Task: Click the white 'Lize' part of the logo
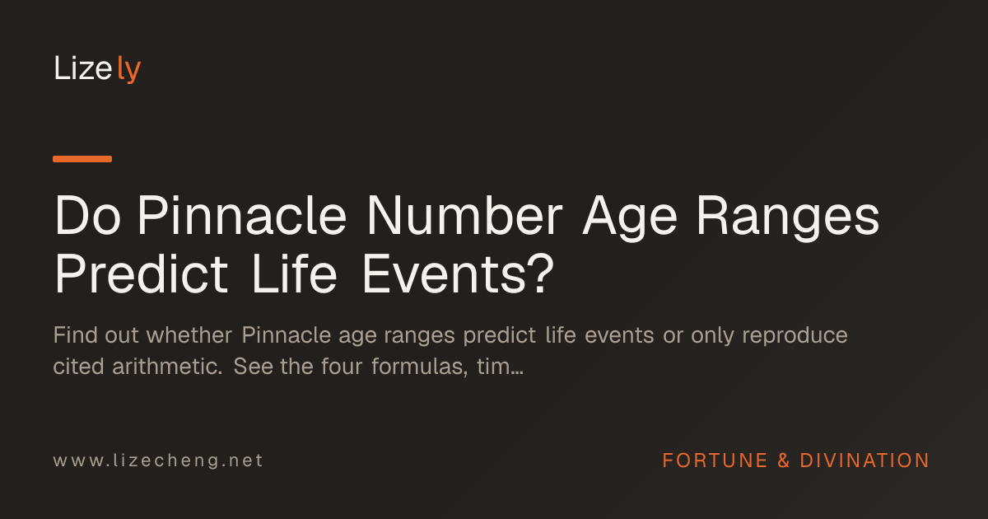[x=83, y=68]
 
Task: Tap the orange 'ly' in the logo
[x=129, y=70]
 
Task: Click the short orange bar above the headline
[x=82, y=159]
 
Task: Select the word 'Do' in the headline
[x=87, y=215]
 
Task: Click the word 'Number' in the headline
[x=465, y=215]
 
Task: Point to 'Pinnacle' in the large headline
[x=242, y=215]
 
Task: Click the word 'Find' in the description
[x=76, y=335]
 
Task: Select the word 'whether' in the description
[x=189, y=335]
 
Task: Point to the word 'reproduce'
[x=795, y=337]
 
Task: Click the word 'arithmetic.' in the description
[x=167, y=367]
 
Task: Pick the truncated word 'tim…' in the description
[x=500, y=367]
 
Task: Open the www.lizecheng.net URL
[x=158, y=461]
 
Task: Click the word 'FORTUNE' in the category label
[x=715, y=461]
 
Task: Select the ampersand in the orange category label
[x=783, y=461]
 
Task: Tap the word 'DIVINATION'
[x=864, y=461]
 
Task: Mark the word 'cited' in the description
[x=78, y=367]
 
